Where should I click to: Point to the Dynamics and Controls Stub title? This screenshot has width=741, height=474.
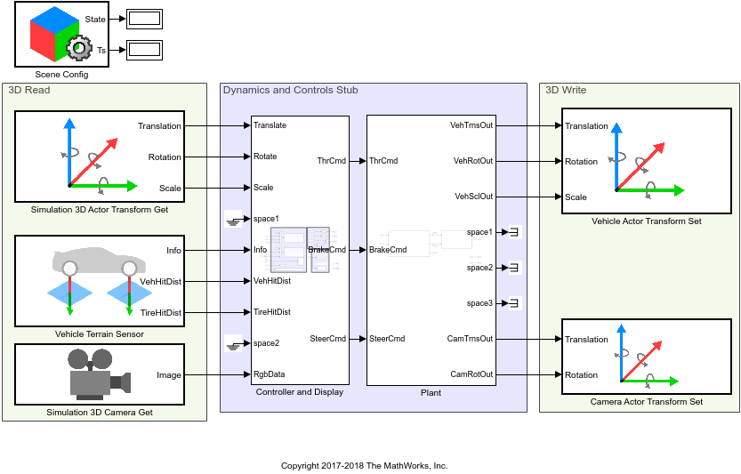[x=290, y=90]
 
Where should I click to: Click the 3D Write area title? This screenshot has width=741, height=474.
[x=565, y=90]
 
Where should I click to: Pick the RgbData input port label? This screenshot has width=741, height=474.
[x=270, y=374]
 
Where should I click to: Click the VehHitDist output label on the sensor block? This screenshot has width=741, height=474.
[x=160, y=281]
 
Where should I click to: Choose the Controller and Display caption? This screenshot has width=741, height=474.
[x=300, y=392]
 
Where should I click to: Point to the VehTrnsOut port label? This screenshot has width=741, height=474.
[x=472, y=125]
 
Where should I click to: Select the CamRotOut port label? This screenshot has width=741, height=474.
[x=471, y=374]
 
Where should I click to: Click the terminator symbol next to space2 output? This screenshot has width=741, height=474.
[x=514, y=268]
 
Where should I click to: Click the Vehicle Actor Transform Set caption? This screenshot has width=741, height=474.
[x=639, y=221]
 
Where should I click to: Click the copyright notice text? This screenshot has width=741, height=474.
[x=364, y=465]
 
